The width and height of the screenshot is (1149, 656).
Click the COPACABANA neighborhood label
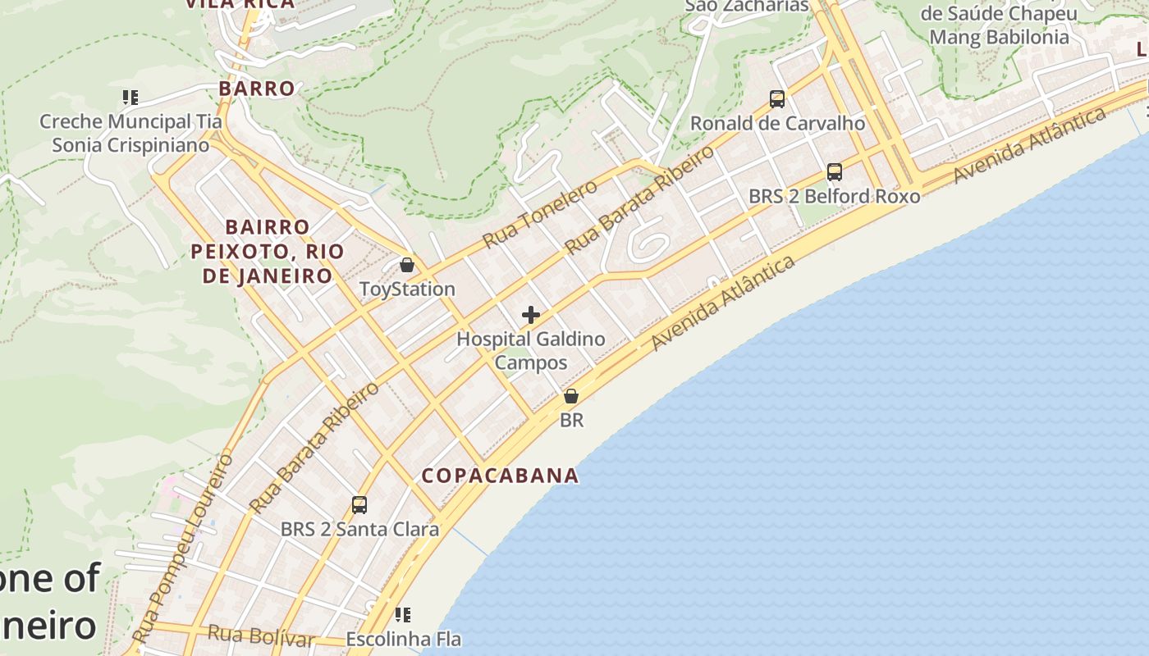[500, 476]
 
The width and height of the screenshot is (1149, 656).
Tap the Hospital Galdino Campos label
[530, 350]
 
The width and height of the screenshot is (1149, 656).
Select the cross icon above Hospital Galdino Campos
[531, 314]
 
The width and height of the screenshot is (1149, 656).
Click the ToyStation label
[407, 289]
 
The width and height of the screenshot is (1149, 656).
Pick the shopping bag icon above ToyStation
[406, 265]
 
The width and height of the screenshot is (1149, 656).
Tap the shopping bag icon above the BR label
[571, 397]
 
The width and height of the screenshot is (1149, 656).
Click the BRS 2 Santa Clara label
[359, 529]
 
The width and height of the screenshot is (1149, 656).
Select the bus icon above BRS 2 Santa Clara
[359, 505]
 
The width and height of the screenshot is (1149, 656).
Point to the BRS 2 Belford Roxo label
[834, 196]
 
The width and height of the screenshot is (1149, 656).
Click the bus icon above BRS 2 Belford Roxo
[835, 172]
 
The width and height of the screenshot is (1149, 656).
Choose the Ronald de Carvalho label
[777, 123]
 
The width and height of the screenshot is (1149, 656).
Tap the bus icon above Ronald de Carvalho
[777, 99]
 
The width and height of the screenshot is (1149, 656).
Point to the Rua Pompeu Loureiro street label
[182, 549]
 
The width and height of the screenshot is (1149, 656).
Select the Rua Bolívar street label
[261, 635]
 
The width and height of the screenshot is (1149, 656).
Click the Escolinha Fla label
[403, 639]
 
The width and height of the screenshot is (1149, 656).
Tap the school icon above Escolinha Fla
[402, 614]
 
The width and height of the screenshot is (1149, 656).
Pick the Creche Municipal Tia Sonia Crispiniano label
[130, 133]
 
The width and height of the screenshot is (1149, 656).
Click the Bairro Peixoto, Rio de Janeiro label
[268, 251]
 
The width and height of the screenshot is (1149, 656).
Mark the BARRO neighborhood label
[256, 89]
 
